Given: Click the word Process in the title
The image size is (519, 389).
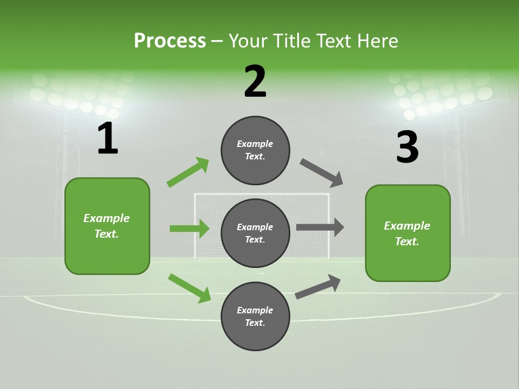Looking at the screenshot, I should click(170, 41).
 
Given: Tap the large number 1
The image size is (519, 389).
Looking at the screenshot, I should click(107, 139).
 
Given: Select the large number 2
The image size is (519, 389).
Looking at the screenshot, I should click(255, 82).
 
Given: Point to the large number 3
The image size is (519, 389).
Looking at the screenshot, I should click(407, 147).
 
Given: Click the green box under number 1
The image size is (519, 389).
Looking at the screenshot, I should click(107, 226).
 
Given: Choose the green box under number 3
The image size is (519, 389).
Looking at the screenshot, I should click(408, 233).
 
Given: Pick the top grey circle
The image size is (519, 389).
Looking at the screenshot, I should click(255, 150).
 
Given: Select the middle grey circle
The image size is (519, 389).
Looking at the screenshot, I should click(255, 233).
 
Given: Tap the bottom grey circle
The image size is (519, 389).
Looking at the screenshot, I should click(255, 316).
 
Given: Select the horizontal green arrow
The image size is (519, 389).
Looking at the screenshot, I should click(189, 229).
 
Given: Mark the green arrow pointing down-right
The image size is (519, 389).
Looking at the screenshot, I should click(189, 288).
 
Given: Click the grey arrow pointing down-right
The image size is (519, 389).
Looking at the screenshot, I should click(322, 173).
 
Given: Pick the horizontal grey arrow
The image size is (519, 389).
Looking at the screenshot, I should click(320, 227).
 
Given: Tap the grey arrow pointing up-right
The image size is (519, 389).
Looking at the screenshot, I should click(318, 286).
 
